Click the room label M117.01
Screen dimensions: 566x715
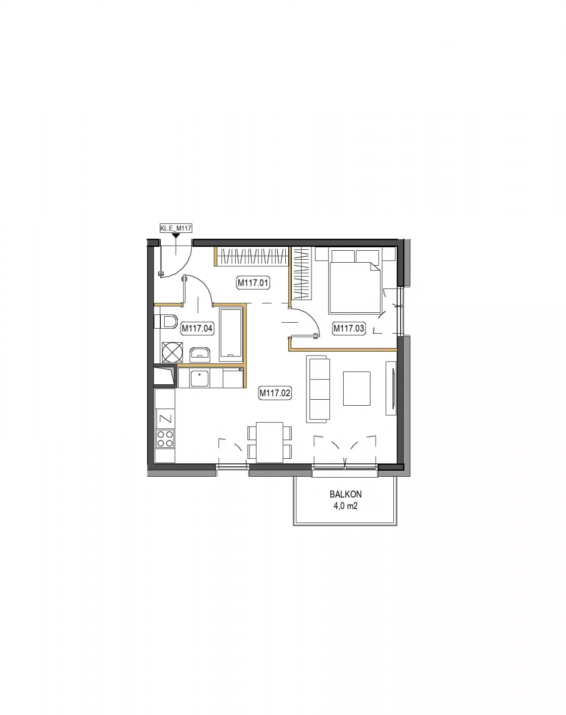(253, 283)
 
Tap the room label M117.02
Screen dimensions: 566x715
(274, 393)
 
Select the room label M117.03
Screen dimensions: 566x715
(349, 329)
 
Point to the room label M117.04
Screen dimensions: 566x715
(197, 329)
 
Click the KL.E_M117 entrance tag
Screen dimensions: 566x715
(176, 228)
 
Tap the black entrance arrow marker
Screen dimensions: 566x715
(176, 235)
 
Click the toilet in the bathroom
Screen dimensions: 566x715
(166, 322)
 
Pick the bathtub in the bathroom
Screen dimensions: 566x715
(231, 335)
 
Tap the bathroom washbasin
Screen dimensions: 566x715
(200, 355)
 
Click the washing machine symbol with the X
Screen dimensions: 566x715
(172, 352)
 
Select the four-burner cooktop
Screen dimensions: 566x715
(165, 438)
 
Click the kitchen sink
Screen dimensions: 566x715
(199, 379)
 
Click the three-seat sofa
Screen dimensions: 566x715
(318, 389)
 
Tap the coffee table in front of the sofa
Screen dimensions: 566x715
(357, 388)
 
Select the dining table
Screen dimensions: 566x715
(269, 442)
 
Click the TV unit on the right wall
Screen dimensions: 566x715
(391, 388)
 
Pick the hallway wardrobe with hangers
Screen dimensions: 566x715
(252, 257)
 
